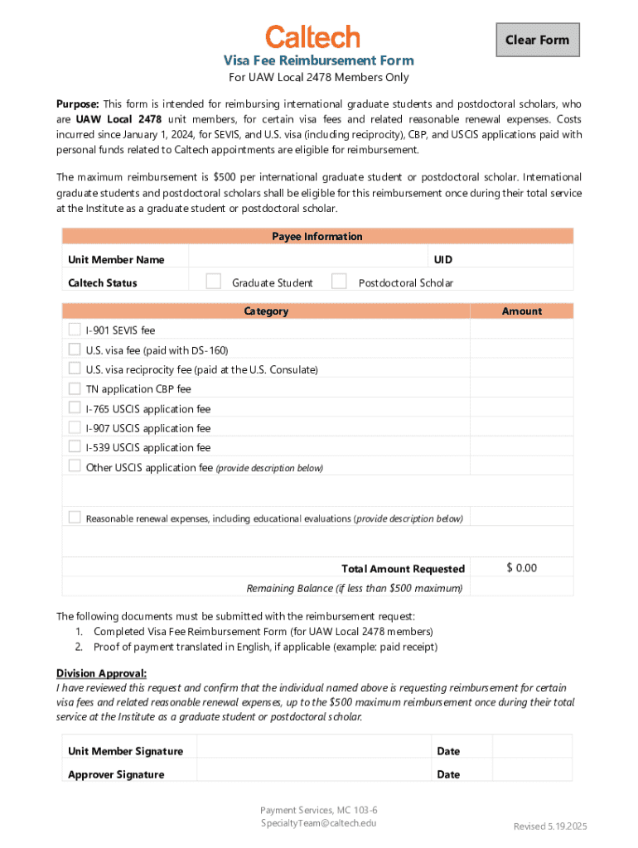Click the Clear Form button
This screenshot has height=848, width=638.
538,40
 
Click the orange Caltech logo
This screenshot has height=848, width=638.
312,37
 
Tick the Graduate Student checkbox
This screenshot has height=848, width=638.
214,282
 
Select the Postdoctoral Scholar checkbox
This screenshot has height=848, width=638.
339,282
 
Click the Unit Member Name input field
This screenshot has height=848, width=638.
307,259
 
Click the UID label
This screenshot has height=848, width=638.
443,260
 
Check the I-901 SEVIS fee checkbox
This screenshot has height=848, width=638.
75,329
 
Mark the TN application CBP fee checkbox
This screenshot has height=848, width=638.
75,388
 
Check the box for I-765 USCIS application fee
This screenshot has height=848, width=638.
75,407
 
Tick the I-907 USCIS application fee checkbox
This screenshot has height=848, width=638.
75,427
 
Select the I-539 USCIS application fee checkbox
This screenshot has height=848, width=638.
75,446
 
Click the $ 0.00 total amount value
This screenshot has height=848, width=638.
521,568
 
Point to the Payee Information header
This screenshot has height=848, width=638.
317,237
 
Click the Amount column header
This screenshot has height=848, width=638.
521,311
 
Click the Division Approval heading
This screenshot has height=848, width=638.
101,672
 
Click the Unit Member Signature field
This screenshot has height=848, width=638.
313,750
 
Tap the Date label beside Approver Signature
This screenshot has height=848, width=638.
448,774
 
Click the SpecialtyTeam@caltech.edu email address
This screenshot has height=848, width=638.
319,823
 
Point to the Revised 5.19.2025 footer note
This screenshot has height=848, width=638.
550,826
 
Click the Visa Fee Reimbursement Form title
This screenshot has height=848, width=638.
319,60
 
